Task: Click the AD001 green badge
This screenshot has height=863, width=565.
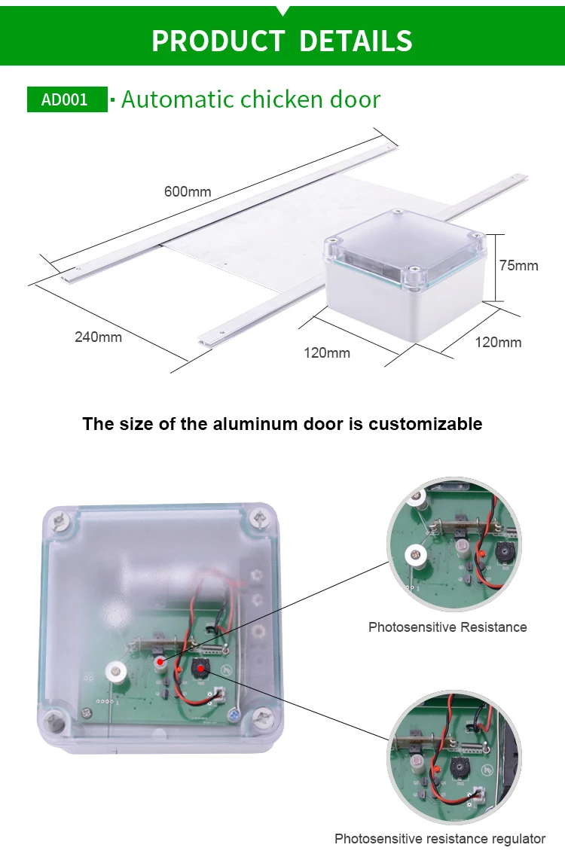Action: (67, 99)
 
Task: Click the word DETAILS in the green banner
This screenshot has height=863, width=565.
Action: (356, 41)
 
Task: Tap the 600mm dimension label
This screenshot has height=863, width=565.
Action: (188, 191)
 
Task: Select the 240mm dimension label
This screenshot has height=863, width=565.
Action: (98, 337)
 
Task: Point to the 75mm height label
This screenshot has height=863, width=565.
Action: (519, 265)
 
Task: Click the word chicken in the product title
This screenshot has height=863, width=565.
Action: (282, 99)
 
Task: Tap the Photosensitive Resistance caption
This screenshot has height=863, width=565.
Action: (447, 627)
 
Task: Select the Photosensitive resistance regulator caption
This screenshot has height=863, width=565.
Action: (439, 839)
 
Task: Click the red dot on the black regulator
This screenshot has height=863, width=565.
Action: (201, 668)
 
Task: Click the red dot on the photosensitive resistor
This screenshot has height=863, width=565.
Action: (160, 660)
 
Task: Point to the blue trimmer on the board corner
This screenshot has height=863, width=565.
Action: (233, 715)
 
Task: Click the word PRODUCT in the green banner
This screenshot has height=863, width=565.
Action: (218, 41)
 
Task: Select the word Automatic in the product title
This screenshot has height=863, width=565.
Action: (177, 99)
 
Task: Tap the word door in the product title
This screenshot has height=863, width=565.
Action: (355, 99)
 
